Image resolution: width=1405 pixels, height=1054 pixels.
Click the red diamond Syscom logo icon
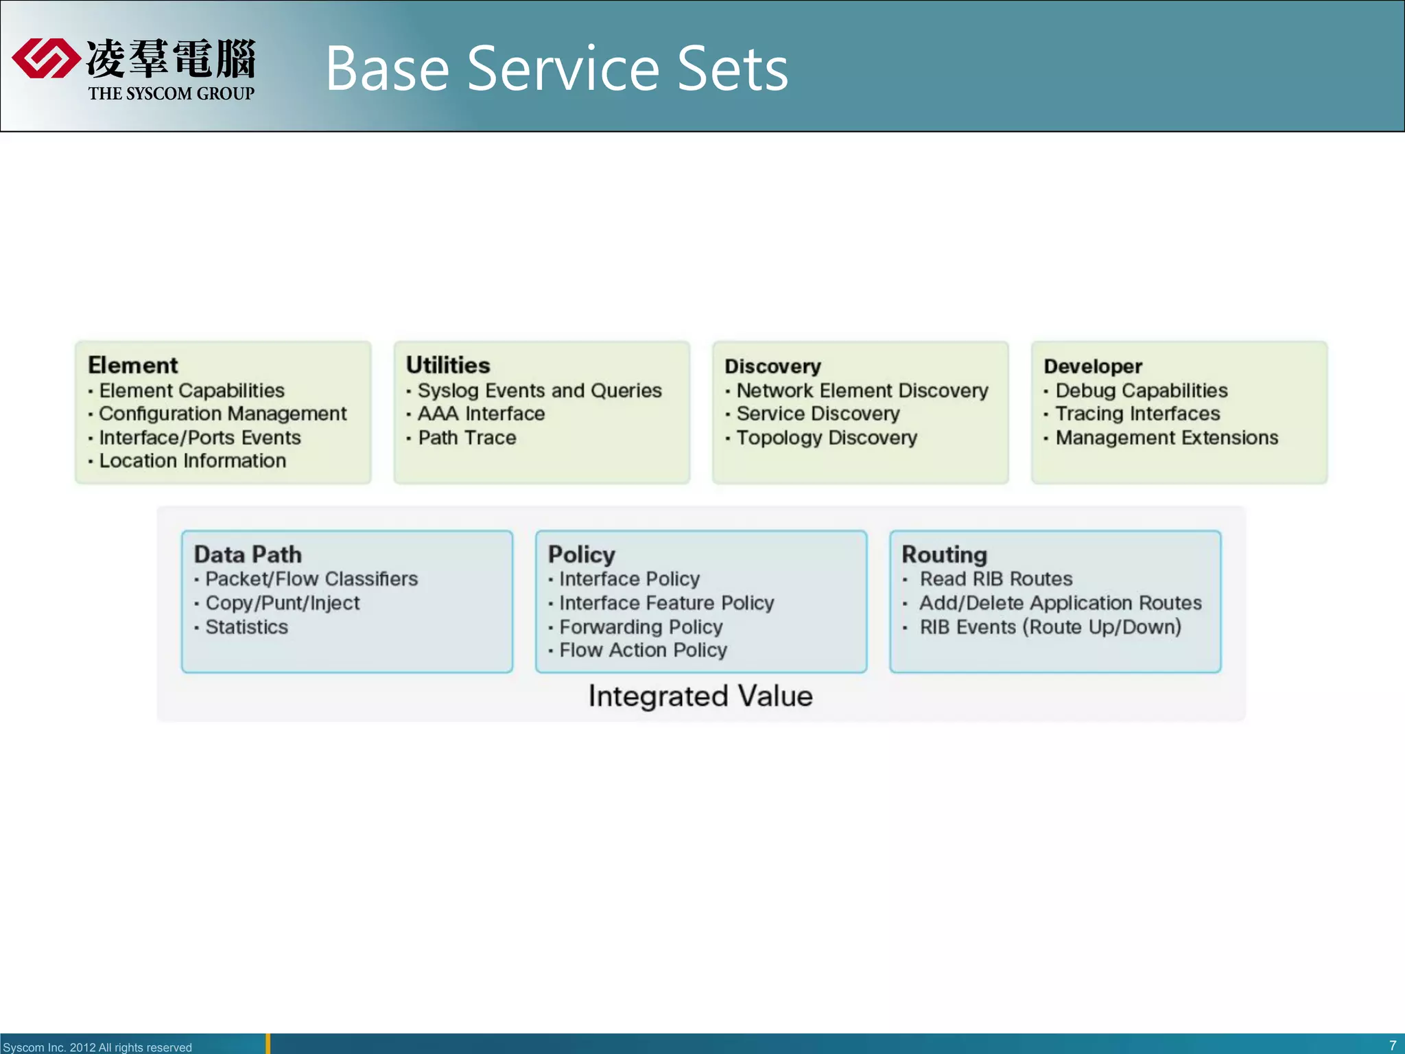[x=45, y=58]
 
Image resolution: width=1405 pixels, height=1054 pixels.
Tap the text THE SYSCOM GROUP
[x=171, y=93]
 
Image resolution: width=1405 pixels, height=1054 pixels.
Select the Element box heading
[x=133, y=365]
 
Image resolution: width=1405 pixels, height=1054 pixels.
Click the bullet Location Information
[x=192, y=460]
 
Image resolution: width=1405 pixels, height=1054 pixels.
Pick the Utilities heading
[x=448, y=365]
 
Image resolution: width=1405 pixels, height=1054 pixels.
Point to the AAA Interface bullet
[x=481, y=414]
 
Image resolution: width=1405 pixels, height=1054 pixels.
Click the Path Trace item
[x=467, y=438]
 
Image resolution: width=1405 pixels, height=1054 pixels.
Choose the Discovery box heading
[x=772, y=366]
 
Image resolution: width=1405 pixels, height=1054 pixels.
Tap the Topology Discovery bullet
[x=826, y=438]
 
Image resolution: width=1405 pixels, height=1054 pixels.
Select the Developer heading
[x=1093, y=366]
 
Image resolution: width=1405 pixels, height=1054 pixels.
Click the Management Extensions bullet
[x=1166, y=438]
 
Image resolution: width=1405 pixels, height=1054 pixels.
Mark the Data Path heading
[x=248, y=554]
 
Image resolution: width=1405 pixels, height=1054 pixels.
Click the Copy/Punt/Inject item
[x=282, y=603]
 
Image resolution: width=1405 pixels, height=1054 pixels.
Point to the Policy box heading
[x=581, y=554]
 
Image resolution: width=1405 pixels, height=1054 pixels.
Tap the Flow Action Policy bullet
[x=643, y=651]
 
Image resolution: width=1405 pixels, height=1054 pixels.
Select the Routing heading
[x=944, y=554]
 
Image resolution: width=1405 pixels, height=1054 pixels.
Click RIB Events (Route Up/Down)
[x=1050, y=627]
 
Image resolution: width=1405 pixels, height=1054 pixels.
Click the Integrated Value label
[x=700, y=696]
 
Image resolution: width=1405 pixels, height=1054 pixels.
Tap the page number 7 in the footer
[x=1392, y=1046]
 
